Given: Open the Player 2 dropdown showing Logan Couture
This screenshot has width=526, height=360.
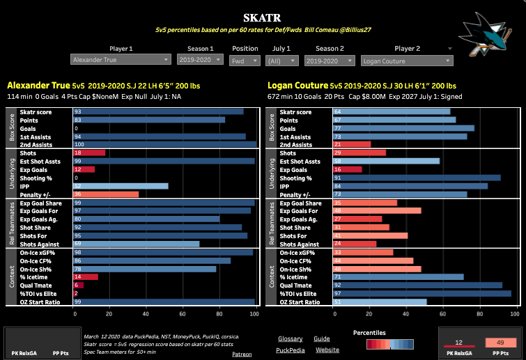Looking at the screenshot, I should pos(412,61).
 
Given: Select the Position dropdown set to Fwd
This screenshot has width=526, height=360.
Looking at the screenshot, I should pos(245,61).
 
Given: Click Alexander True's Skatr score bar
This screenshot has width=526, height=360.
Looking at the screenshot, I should pos(158,111).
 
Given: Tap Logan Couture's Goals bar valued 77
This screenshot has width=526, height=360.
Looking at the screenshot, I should pos(377,128).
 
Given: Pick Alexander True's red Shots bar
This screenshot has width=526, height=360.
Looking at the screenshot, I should pos(89,152).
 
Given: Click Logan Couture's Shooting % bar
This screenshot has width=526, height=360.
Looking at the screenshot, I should pos(389,178).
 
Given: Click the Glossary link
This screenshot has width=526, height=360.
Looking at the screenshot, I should pos(289,338).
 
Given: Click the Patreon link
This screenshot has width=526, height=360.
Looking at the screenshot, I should pos(242,354).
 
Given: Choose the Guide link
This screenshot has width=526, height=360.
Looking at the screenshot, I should pos(322,338).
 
